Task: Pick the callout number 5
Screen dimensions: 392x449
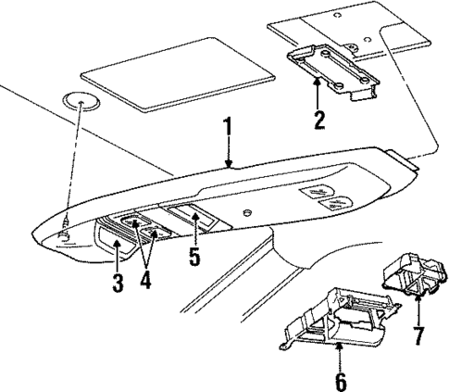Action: click(x=194, y=257)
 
